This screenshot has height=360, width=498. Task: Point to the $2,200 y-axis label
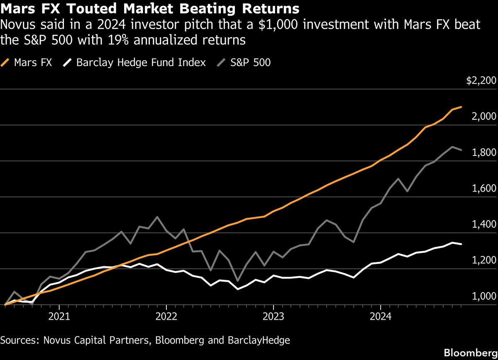tap(481, 80)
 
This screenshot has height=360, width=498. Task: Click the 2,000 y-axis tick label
tap(484, 116)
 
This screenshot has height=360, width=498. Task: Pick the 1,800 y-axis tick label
tap(484, 152)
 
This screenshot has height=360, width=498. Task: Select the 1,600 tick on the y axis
tap(484, 188)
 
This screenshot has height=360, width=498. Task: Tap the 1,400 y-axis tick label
tap(484, 224)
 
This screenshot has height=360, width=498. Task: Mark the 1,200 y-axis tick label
tap(484, 260)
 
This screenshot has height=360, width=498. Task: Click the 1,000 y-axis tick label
tap(484, 296)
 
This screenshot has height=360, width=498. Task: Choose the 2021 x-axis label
tap(59, 316)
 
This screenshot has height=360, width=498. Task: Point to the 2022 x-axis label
tap(166, 316)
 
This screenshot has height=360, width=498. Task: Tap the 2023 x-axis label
tap(273, 316)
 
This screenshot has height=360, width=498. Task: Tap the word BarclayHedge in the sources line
tap(259, 341)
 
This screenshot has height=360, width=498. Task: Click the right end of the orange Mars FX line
tap(461, 107)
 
